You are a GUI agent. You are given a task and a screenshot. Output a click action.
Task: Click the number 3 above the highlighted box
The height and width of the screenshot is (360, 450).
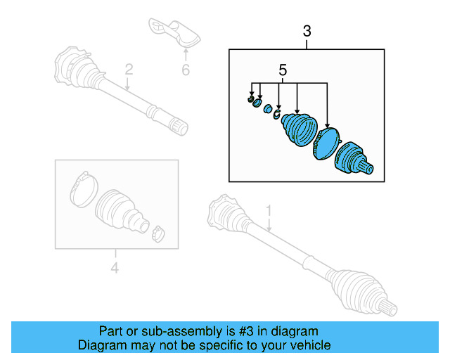pyautogui.click(x=307, y=31)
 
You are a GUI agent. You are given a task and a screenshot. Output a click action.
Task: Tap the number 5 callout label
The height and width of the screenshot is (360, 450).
pyautogui.click(x=283, y=70)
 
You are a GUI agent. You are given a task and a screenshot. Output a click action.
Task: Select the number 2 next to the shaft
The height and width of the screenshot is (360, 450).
pyautogui.click(x=129, y=69)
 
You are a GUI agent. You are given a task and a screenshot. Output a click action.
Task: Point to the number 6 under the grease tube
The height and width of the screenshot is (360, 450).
pyautogui.click(x=186, y=70)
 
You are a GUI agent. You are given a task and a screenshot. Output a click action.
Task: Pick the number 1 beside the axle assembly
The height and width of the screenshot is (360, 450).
pyautogui.click(x=269, y=210)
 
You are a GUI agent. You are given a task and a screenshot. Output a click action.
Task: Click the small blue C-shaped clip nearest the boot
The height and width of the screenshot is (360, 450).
pyautogui.click(x=277, y=114)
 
